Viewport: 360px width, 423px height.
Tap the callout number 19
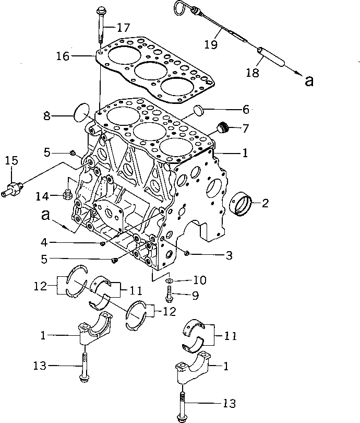[211, 45]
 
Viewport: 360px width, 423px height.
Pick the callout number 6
[245, 110]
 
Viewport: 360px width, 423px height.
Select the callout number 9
[195, 295]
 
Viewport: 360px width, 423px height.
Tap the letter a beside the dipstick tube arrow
[309, 80]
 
